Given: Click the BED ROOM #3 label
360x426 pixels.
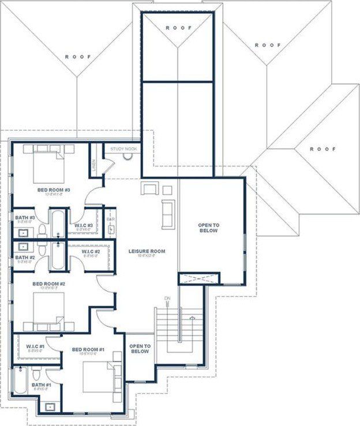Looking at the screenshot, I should point(54,190).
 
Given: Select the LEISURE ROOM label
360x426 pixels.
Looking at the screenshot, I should point(147,251).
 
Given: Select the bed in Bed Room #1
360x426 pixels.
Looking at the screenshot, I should point(101,378).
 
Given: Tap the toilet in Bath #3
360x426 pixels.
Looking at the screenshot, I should point(42,230).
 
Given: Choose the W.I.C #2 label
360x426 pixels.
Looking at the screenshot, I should point(91,252).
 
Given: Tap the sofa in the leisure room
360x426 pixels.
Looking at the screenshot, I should point(168,214).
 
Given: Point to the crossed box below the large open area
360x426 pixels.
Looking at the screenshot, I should point(200,279).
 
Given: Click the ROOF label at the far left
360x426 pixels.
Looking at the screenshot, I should point(78,56).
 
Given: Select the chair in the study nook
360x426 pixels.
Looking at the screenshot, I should point(127,156).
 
